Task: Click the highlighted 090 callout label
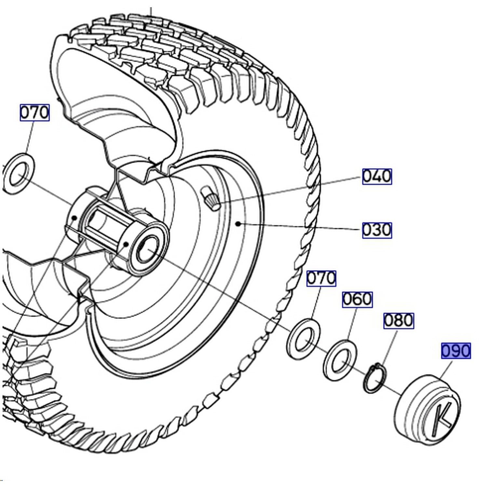click(x=456, y=351)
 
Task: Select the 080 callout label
click(x=399, y=321)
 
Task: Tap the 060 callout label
click(x=357, y=299)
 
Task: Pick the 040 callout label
click(x=377, y=176)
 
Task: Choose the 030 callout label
click(x=377, y=230)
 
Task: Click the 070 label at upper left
click(x=34, y=113)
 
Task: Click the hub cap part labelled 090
click(x=427, y=410)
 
